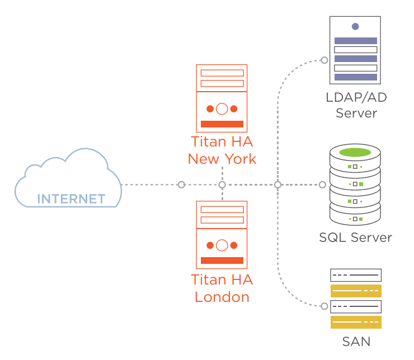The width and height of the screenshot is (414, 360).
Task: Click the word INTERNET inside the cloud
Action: (x=71, y=199)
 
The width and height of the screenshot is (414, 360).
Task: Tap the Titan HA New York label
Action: (x=222, y=150)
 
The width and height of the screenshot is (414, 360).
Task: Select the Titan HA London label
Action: (x=222, y=288)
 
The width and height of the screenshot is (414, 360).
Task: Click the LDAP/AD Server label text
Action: (x=356, y=105)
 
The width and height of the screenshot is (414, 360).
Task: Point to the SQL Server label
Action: (x=356, y=238)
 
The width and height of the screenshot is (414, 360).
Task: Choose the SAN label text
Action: (x=356, y=341)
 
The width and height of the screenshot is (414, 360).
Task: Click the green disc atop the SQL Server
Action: (x=355, y=152)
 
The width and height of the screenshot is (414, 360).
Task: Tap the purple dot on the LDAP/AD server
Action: (x=355, y=26)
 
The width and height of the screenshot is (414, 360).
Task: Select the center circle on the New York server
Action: (x=222, y=108)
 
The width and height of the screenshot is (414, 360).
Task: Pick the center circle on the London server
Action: (x=222, y=245)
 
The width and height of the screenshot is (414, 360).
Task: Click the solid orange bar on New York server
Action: (x=222, y=124)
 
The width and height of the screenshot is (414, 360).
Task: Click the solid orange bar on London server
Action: (x=222, y=260)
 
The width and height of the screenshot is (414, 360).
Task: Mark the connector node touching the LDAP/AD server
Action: (x=323, y=59)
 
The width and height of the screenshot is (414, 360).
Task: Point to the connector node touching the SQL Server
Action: (x=322, y=184)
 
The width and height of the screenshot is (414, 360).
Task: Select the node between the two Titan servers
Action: (x=222, y=184)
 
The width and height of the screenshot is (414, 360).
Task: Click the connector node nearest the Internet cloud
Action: (x=181, y=184)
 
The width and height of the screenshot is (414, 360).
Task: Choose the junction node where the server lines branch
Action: (x=277, y=184)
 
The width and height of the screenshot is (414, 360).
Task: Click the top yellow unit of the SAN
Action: (x=356, y=291)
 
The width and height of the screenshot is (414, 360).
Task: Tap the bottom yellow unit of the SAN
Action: (x=356, y=322)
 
